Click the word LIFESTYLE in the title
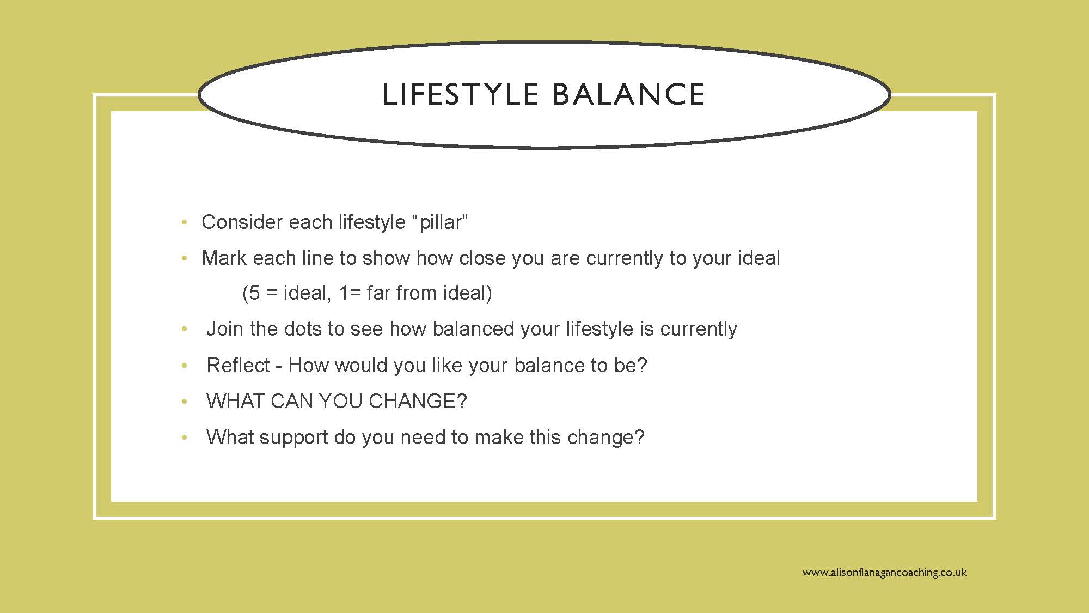[x=460, y=94]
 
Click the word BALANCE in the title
[x=628, y=94]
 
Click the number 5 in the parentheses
[x=254, y=293]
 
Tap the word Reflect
[x=238, y=365]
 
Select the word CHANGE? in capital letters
[x=418, y=402]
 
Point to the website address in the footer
[x=884, y=572]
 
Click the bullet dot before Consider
[x=185, y=222]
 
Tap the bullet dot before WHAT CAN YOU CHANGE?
[x=185, y=402]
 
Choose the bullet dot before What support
[x=185, y=438]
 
